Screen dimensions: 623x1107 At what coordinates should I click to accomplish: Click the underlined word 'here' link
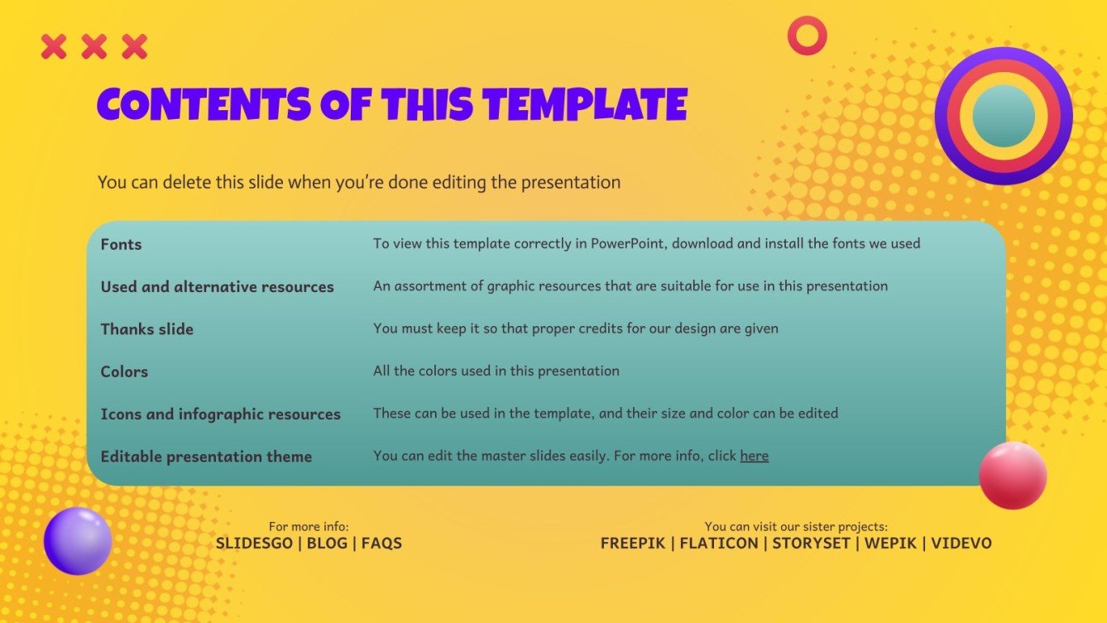[x=754, y=456]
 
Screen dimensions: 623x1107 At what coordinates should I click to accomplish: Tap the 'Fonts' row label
[x=121, y=245]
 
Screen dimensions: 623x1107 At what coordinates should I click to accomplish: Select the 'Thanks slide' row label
[x=146, y=329]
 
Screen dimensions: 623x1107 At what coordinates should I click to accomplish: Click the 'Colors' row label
[x=124, y=372]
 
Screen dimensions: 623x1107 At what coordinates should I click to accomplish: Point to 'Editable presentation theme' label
[x=206, y=457]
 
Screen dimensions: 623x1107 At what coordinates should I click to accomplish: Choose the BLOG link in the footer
[x=329, y=544]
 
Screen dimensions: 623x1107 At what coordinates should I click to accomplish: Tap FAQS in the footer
[x=381, y=544]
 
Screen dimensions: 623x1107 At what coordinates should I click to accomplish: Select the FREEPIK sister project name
[x=633, y=544]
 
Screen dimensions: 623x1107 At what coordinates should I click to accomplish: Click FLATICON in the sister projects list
[x=719, y=544]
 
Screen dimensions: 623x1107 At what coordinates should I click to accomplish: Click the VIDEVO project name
[x=961, y=544]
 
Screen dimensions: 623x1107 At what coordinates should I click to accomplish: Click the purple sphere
[x=78, y=541]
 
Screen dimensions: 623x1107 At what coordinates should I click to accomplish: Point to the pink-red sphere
[x=1013, y=475]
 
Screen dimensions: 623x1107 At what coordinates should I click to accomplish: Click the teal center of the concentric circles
[x=1004, y=116]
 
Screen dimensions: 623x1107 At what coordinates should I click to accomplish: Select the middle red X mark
[x=94, y=47]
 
